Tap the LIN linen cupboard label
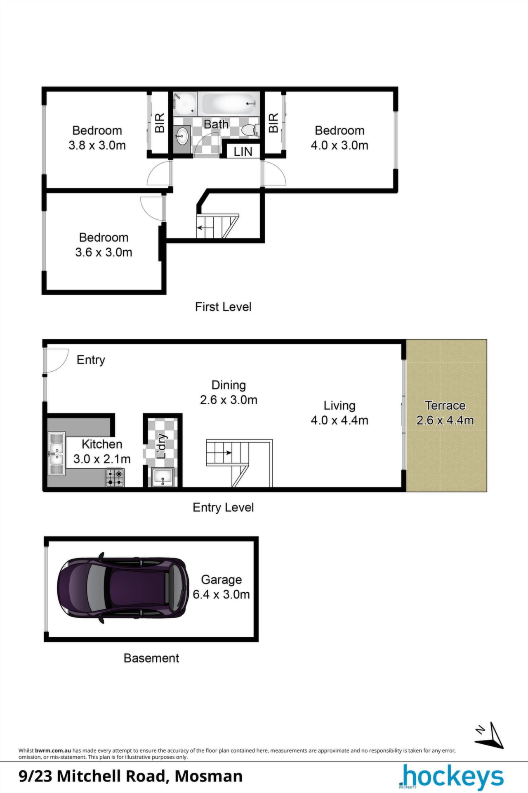pyautogui.click(x=243, y=152)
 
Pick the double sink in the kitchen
pyautogui.click(x=57, y=453)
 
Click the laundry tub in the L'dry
pyautogui.click(x=163, y=477)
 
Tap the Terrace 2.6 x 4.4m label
pyautogui.click(x=445, y=413)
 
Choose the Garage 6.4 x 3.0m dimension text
pyautogui.click(x=222, y=594)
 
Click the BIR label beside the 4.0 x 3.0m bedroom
pyautogui.click(x=273, y=123)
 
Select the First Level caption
pyautogui.click(x=223, y=307)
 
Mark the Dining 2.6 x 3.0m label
pyautogui.click(x=229, y=392)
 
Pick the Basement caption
pyautogui.click(x=151, y=658)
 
